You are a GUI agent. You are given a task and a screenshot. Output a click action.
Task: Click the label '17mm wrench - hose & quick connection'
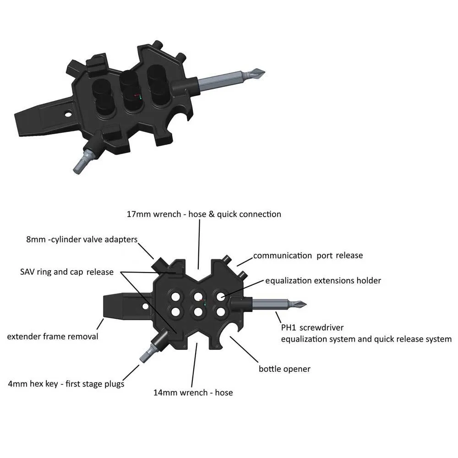tap(204, 214)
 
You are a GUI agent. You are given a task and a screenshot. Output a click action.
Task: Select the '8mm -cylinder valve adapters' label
tap(82, 240)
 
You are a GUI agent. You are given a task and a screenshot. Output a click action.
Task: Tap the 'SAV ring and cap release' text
tap(67, 272)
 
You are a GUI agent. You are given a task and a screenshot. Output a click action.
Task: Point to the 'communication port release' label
tap(308, 256)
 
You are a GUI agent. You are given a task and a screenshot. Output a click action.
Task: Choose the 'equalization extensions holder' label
tap(323, 281)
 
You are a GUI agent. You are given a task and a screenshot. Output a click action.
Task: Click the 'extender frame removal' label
tap(53, 337)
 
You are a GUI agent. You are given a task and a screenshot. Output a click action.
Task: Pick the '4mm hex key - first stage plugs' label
tap(66, 384)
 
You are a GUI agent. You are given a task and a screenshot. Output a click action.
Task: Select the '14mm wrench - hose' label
tap(193, 393)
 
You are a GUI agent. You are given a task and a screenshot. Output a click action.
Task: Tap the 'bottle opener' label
tap(284, 369)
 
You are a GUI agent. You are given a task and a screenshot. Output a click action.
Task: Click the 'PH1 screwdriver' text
tap(312, 328)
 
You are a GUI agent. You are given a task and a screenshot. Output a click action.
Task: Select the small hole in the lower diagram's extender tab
tap(145, 306)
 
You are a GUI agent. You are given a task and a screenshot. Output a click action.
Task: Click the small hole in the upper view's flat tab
tap(68, 114)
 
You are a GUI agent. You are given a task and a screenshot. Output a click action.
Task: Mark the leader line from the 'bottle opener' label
tap(244, 349)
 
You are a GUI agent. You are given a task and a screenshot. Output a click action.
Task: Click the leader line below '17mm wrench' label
tap(199, 244)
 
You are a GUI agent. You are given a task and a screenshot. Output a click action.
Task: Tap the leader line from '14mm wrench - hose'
tap(194, 365)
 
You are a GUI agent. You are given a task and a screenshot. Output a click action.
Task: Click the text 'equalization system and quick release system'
tap(366, 339)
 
